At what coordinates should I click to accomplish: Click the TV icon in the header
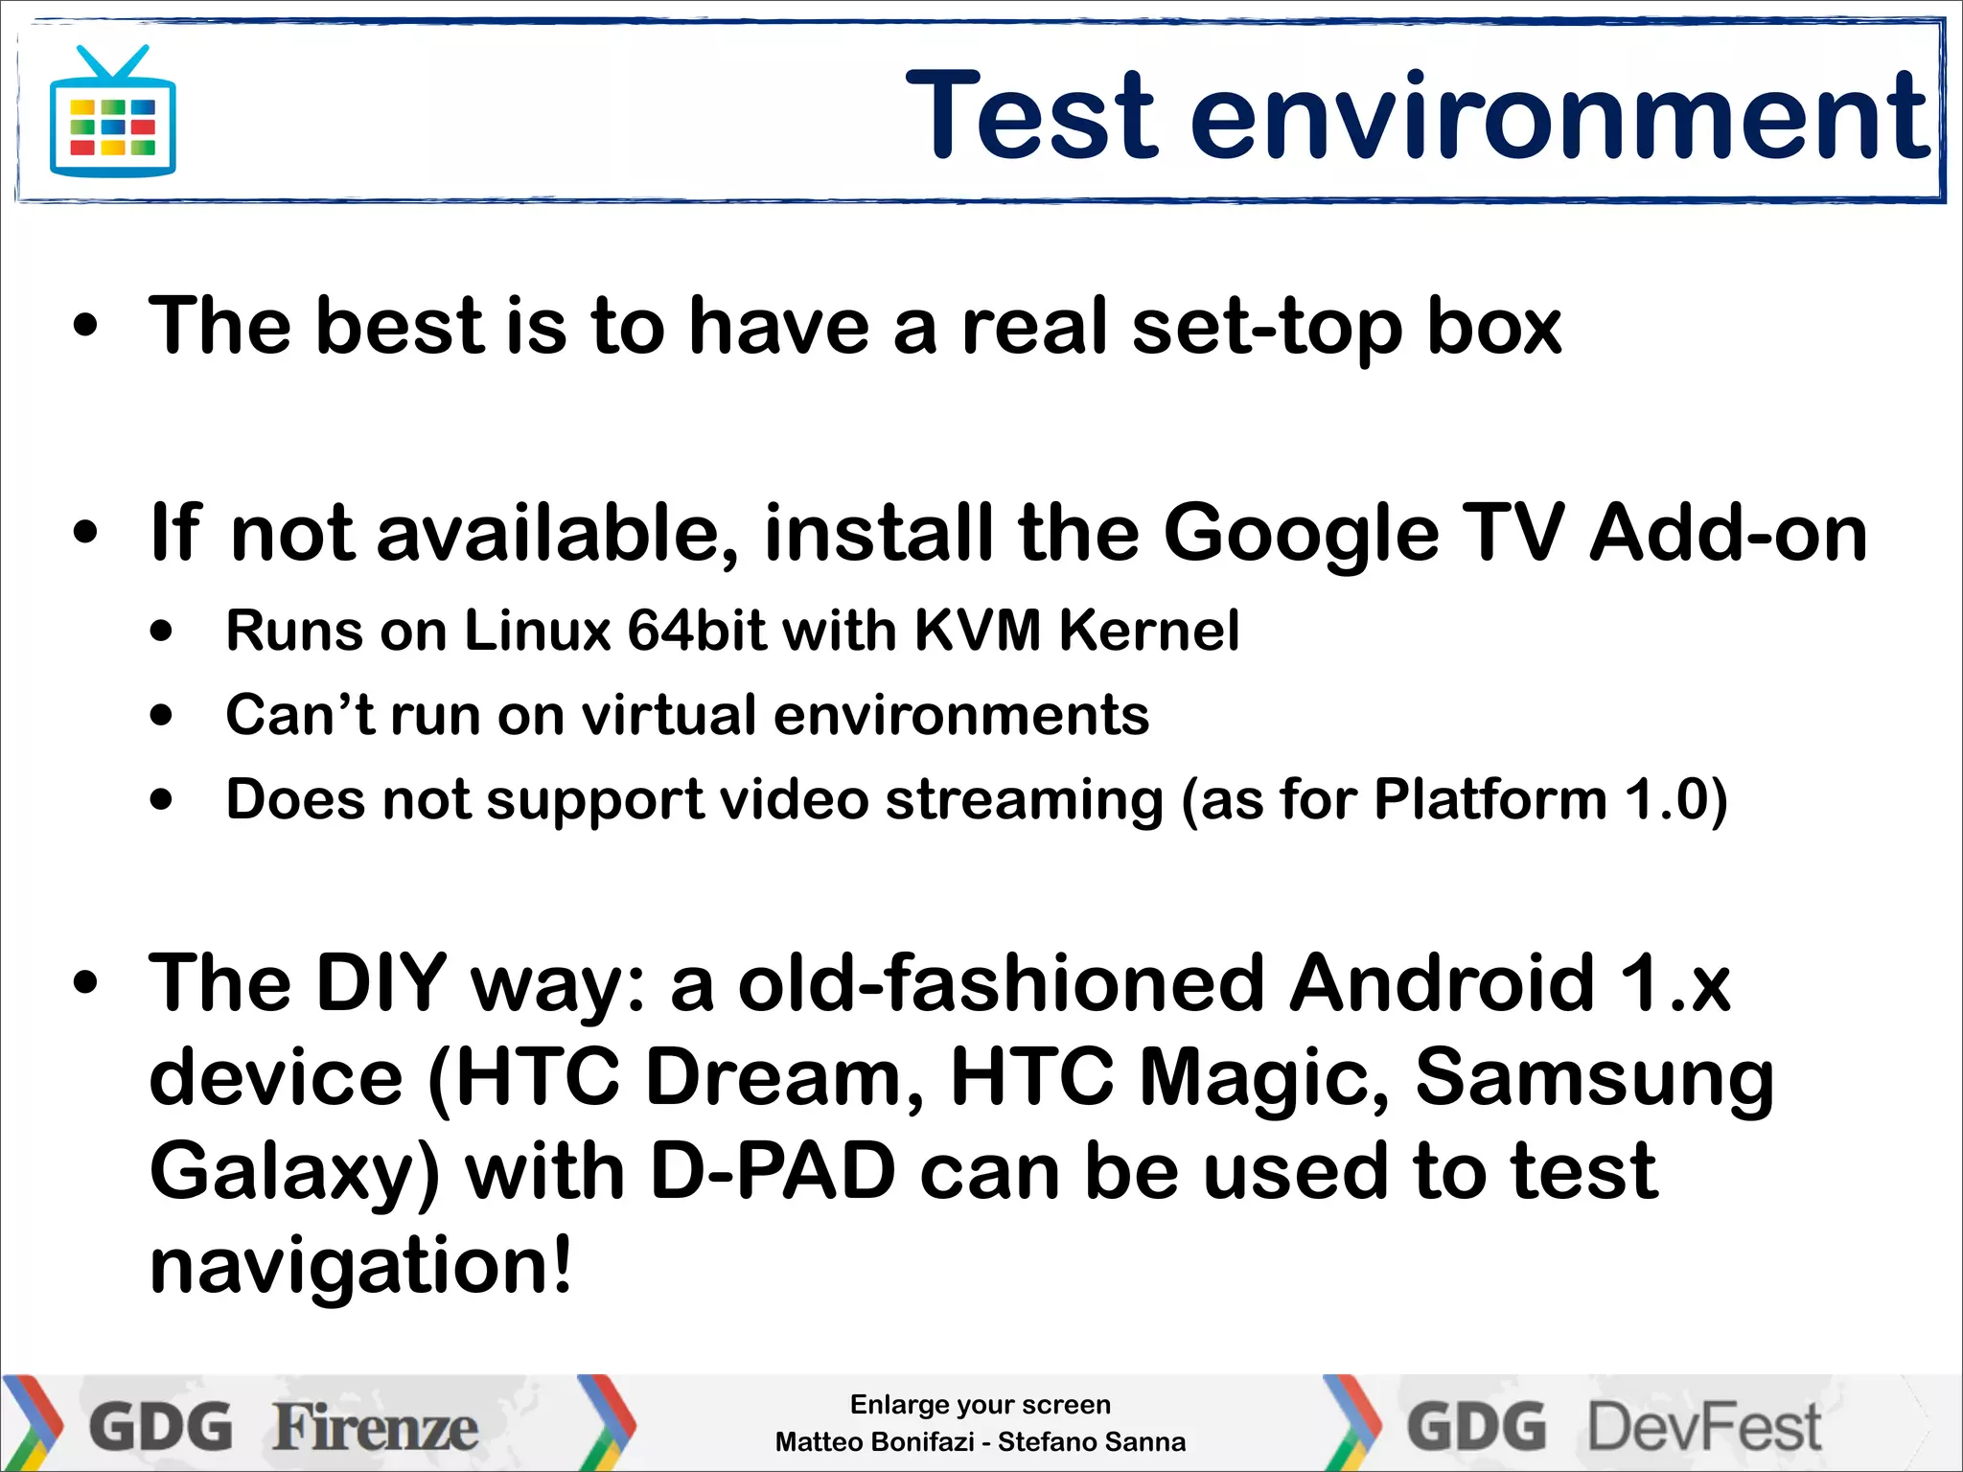click(113, 114)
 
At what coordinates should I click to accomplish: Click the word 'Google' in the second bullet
click(1302, 534)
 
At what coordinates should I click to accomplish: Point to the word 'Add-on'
click(1728, 534)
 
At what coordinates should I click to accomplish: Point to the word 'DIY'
click(381, 983)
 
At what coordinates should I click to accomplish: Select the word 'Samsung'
click(1594, 1077)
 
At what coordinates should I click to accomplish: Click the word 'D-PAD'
click(773, 1171)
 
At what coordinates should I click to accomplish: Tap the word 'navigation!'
click(360, 1265)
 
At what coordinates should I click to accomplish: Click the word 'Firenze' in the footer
click(375, 1427)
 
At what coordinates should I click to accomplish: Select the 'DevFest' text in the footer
click(1704, 1427)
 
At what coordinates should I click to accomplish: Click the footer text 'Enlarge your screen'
click(980, 1405)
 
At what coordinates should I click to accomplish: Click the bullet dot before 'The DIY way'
click(85, 983)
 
